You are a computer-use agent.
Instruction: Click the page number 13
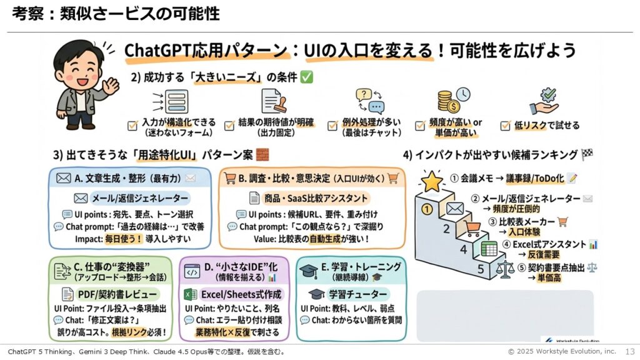coord(630,352)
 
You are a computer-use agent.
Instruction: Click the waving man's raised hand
coord(110,85)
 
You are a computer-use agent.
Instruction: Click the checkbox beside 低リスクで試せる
coord(507,126)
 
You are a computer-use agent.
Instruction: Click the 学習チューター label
coord(349,294)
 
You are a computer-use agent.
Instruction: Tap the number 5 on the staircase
coord(481,271)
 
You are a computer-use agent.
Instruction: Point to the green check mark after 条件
coord(306,78)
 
